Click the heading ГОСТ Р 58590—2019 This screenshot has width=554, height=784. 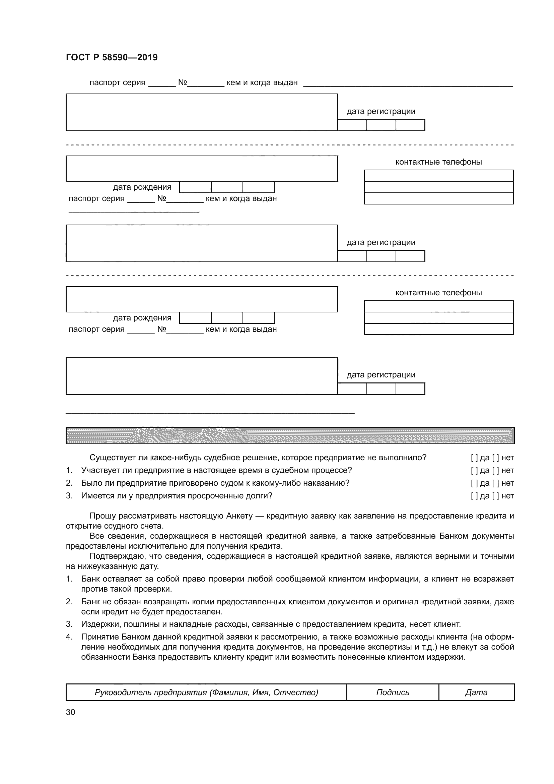[112, 57]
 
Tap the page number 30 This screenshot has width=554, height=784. [70, 712]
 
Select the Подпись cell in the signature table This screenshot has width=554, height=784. [392, 692]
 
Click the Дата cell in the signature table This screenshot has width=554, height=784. [476, 692]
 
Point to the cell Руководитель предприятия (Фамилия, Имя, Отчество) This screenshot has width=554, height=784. [206, 692]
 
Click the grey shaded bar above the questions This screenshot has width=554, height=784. [290, 435]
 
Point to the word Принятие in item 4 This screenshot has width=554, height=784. [97, 637]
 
